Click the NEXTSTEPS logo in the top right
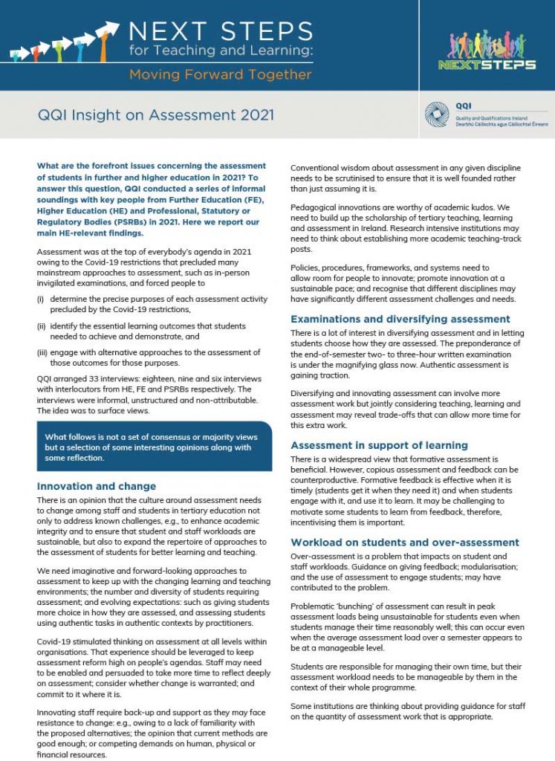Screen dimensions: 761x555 click(x=493, y=51)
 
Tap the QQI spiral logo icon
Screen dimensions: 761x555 click(x=437, y=114)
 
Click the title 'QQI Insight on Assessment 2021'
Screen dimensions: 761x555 click(x=156, y=115)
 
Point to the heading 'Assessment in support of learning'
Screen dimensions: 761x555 click(x=379, y=445)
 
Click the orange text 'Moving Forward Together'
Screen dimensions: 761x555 click(x=220, y=74)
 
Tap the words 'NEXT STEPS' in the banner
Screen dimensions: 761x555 click(x=221, y=31)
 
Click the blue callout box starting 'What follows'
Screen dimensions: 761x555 click(x=154, y=447)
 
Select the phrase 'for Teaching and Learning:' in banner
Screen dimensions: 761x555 click(x=221, y=52)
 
